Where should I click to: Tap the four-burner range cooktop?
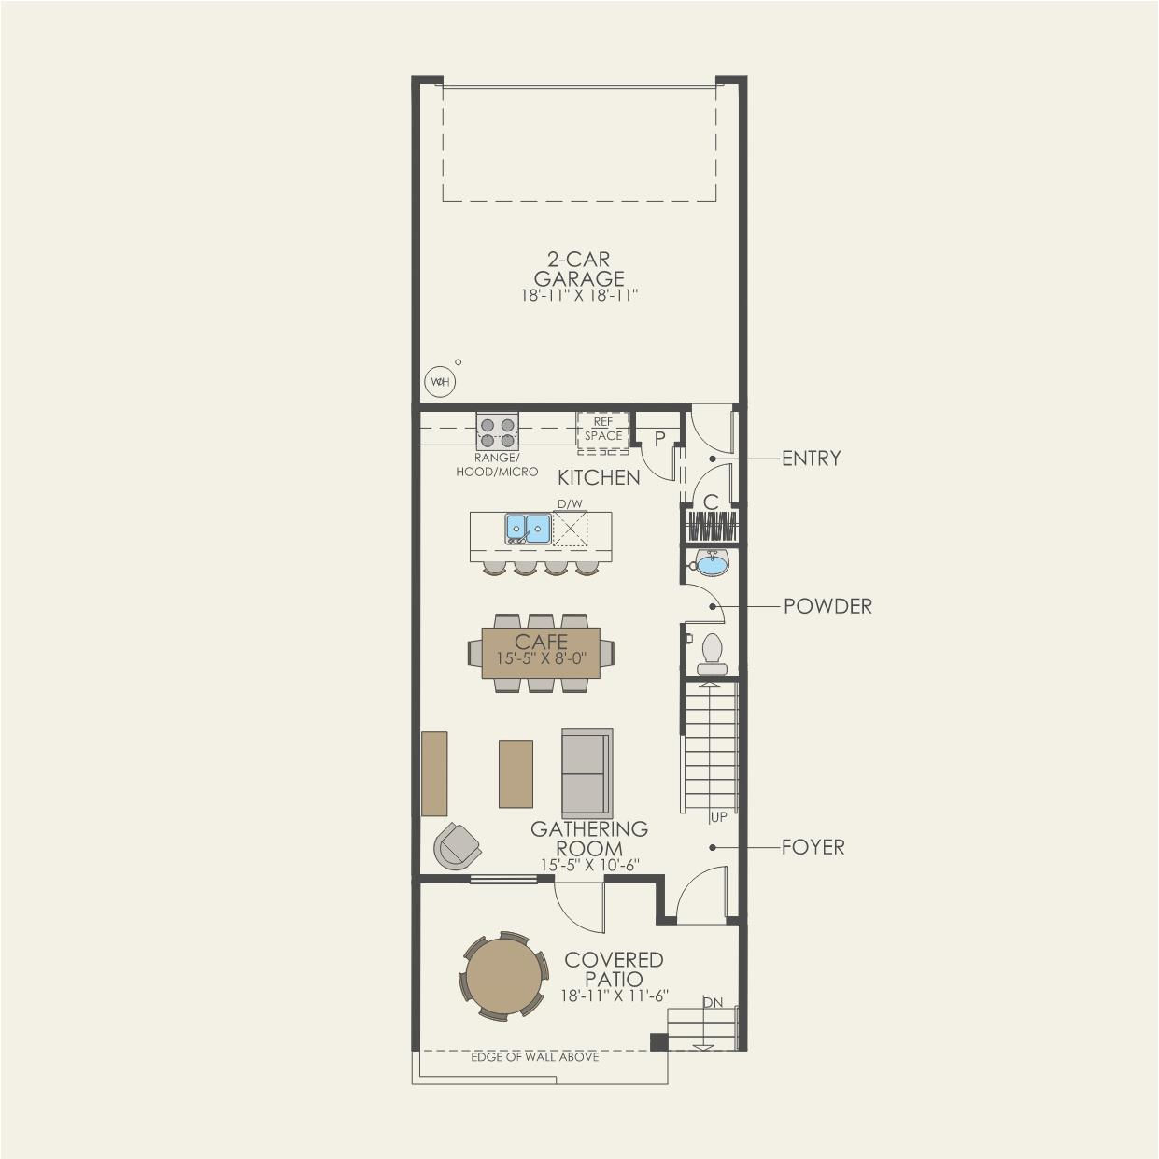coord(498,431)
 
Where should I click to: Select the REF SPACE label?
coord(603,429)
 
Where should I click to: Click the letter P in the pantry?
coord(659,439)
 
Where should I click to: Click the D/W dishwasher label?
coord(571,503)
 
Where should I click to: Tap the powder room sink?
coord(711,563)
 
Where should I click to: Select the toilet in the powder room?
coord(713,655)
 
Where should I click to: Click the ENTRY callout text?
coord(811,459)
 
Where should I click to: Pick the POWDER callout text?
coord(827,606)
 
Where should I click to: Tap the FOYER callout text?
coord(813,847)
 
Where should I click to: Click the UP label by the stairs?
coord(719,817)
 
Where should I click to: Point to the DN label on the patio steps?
coord(714,1003)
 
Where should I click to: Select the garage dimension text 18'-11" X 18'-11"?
coord(579,296)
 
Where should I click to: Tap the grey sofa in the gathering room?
coord(587,773)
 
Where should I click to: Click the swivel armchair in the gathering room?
coord(458,845)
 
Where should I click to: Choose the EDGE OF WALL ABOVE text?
coord(535,1057)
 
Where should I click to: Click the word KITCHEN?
coord(599,477)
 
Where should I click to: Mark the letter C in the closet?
coord(711,502)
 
